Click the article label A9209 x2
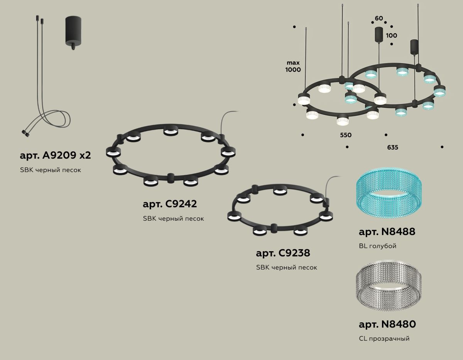[55, 155]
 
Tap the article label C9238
[283, 253]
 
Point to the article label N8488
[387, 232]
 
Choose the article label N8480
[387, 325]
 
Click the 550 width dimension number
[346, 135]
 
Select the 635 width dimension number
[393, 147]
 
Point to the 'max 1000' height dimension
[293, 66]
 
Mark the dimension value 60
[379, 19]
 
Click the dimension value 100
[391, 35]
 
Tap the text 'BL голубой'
[377, 246]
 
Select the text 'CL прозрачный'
[384, 339]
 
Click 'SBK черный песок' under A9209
[51, 170]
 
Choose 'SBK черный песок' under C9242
[173, 219]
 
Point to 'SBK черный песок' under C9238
[287, 267]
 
